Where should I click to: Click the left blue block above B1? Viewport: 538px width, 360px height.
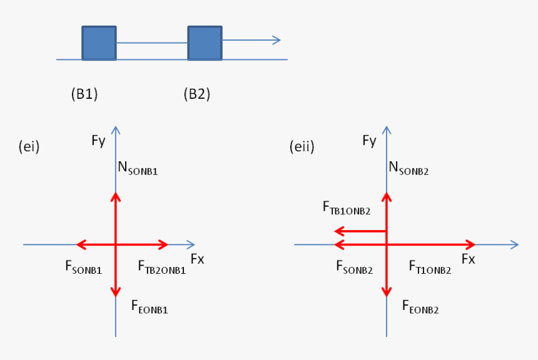pyautogui.click(x=99, y=43)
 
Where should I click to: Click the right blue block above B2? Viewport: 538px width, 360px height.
pyautogui.click(x=205, y=43)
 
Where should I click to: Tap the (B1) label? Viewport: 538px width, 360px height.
pyautogui.click(x=84, y=94)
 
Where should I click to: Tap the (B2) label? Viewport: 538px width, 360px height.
pyautogui.click(x=196, y=94)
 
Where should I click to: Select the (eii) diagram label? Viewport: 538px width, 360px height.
pyautogui.click(x=302, y=147)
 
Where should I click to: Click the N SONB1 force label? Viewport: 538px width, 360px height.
pyautogui.click(x=137, y=167)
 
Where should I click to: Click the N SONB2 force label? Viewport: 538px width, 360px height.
pyautogui.click(x=409, y=167)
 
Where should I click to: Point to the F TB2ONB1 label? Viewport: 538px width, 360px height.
pyautogui.click(x=162, y=267)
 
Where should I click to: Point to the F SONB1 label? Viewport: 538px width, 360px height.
pyautogui.click(x=83, y=267)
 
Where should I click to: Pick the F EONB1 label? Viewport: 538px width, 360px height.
pyautogui.click(x=150, y=306)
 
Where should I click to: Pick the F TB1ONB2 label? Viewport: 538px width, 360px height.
pyautogui.click(x=347, y=208)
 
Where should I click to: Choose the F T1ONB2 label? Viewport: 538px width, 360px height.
pyautogui.click(x=430, y=267)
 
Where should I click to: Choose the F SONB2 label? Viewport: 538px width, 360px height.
pyautogui.click(x=354, y=267)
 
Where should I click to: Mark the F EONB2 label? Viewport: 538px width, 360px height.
pyautogui.click(x=420, y=307)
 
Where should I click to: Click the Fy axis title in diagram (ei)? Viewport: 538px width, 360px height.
pyautogui.click(x=98, y=141)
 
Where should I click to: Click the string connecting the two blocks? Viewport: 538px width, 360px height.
pyautogui.click(x=152, y=43)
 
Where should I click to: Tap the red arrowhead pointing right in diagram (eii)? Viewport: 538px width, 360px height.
pyautogui.click(x=471, y=244)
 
